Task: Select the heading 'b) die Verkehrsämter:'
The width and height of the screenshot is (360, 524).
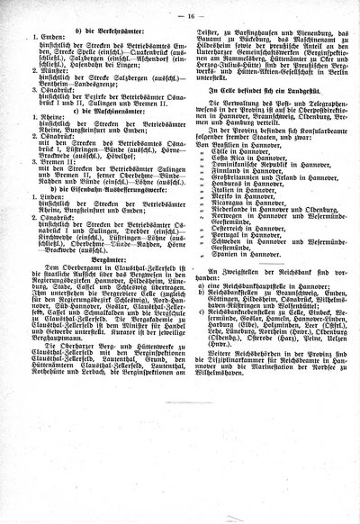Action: tap(90, 34)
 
